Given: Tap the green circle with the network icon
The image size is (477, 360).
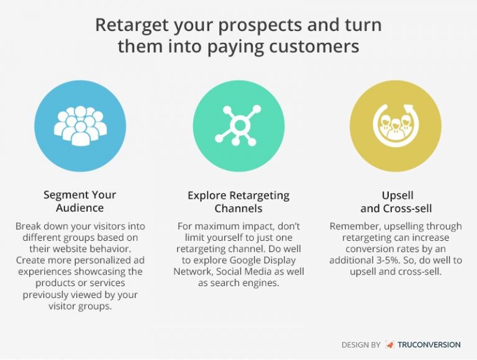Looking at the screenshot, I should [x=238, y=125].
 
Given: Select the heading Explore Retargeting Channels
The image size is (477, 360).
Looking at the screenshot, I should [x=238, y=201].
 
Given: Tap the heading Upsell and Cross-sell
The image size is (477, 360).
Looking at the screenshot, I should [x=396, y=201].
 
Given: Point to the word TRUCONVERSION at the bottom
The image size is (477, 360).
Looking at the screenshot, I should [x=429, y=344].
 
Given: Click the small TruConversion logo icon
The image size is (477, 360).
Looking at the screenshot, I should [x=389, y=344].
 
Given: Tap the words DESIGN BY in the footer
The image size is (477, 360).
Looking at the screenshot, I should [x=361, y=344].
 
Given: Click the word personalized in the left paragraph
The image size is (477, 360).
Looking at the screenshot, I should [x=80, y=261].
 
